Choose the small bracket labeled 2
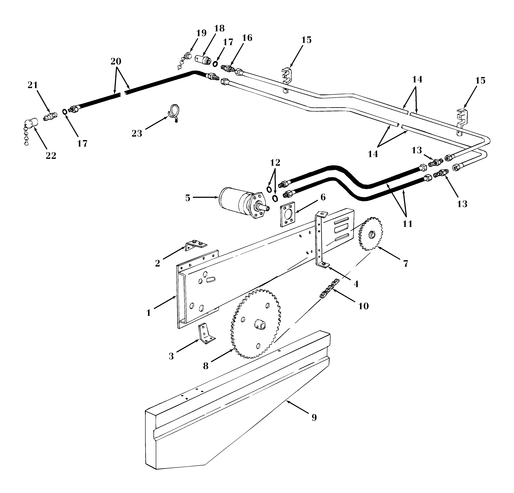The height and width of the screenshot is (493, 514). (x=195, y=245)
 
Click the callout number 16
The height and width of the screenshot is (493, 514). (x=247, y=38)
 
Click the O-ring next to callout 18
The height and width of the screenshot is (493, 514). (x=215, y=64)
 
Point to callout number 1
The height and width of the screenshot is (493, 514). (x=148, y=313)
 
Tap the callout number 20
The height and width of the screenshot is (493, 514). (x=116, y=61)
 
